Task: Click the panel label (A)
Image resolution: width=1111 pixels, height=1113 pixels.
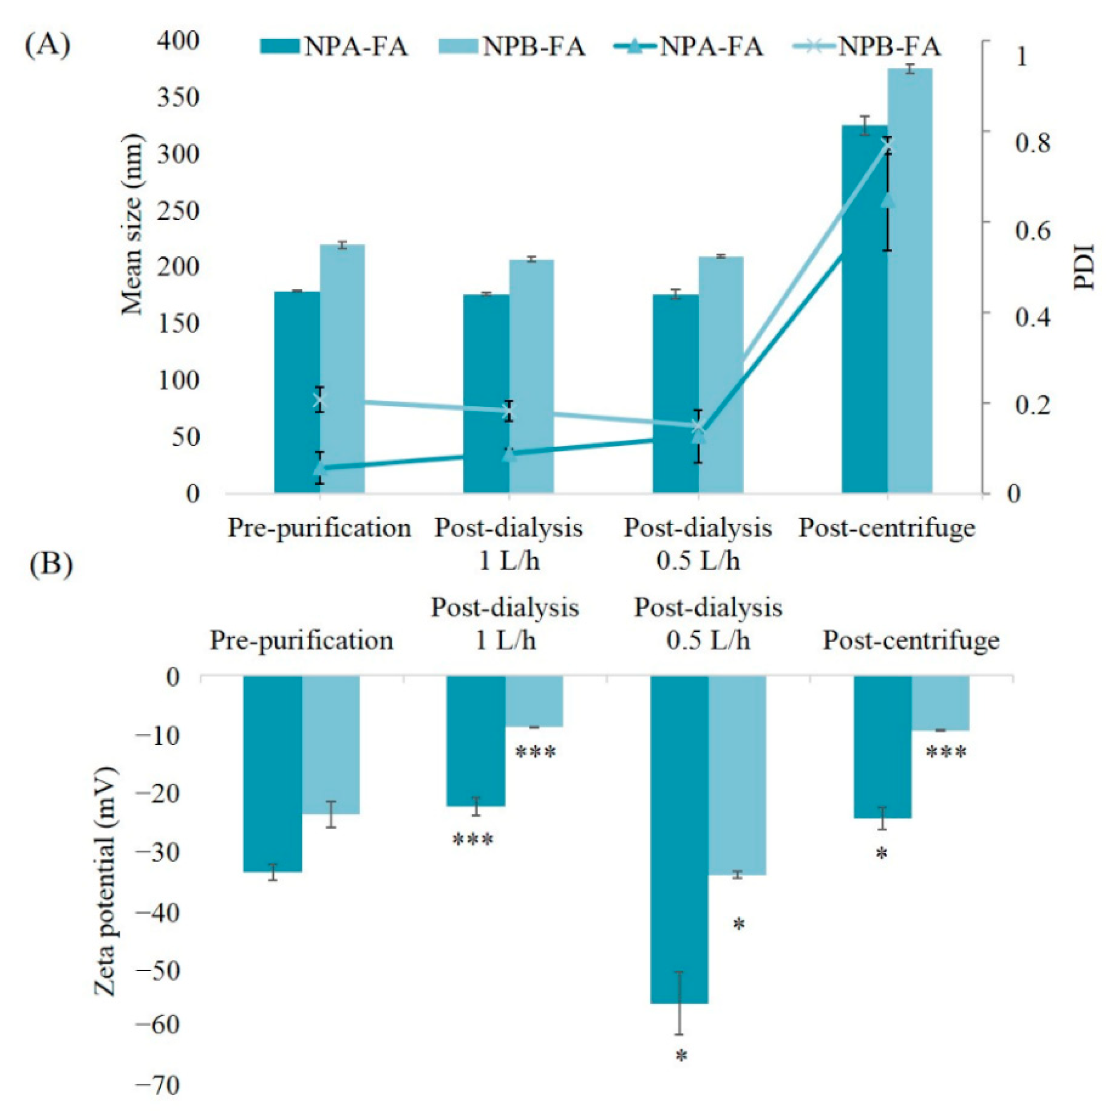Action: [48, 45]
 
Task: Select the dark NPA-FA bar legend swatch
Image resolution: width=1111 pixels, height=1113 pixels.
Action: [280, 47]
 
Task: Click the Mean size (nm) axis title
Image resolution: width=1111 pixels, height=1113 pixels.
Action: [133, 225]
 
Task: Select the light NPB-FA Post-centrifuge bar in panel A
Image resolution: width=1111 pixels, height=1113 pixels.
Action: [909, 282]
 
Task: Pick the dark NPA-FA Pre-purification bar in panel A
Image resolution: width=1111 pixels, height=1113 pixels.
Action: [297, 392]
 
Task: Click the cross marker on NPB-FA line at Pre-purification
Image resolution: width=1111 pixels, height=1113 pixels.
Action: [320, 401]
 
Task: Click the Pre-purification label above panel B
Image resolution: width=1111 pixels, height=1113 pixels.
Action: [301, 640]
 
